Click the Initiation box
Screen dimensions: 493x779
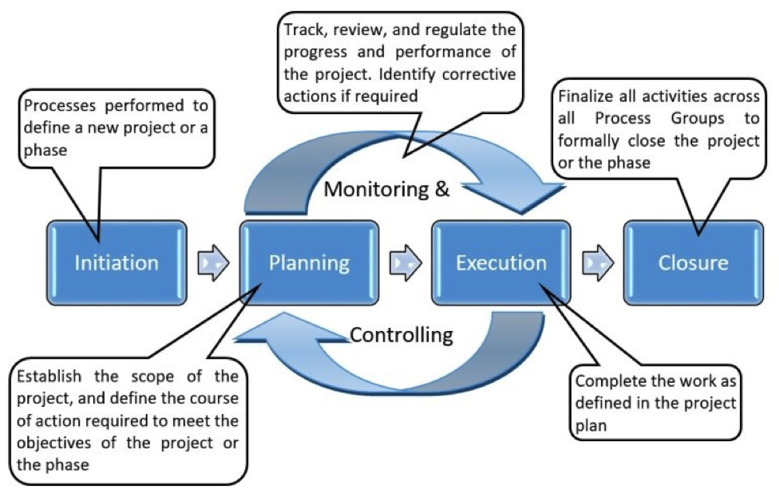coord(117,262)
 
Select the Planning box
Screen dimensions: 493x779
coord(308,262)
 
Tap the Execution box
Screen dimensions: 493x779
coord(501,262)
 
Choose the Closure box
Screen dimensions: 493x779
coord(693,262)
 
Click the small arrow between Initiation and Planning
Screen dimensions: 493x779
coord(213,262)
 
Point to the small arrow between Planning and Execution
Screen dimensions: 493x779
coord(405,262)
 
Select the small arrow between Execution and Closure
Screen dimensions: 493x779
coord(597,262)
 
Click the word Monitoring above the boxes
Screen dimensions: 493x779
coord(376,190)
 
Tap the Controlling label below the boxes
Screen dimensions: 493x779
coord(401,333)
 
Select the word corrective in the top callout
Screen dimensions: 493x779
coord(478,75)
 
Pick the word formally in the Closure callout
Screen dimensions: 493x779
coord(589,141)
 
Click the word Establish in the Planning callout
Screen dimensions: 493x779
coord(48,377)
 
